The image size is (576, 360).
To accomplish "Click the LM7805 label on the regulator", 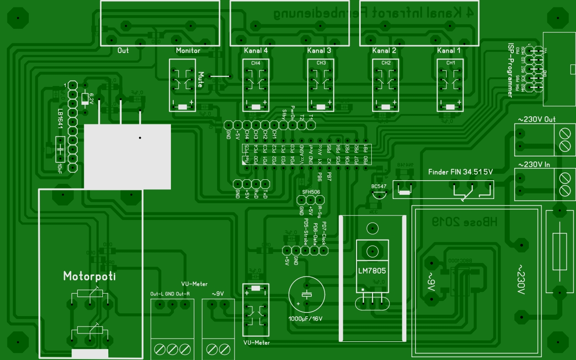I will (x=372, y=271).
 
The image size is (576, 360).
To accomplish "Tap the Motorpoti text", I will (x=90, y=276).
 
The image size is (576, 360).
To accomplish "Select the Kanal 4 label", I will (x=256, y=51).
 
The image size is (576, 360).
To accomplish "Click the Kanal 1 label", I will (x=449, y=51).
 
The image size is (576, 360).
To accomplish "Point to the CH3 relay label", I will (x=321, y=63).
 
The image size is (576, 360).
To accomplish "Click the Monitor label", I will (x=188, y=51).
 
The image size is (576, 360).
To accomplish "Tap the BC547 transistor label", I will (x=379, y=187).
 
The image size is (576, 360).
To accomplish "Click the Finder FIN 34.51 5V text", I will (x=460, y=172).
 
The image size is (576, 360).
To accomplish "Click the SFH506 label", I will (x=311, y=192).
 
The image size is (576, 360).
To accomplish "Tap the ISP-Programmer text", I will (x=510, y=70).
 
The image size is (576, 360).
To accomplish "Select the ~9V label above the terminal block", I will (x=218, y=294).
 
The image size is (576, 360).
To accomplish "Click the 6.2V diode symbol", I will (x=85, y=99).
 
